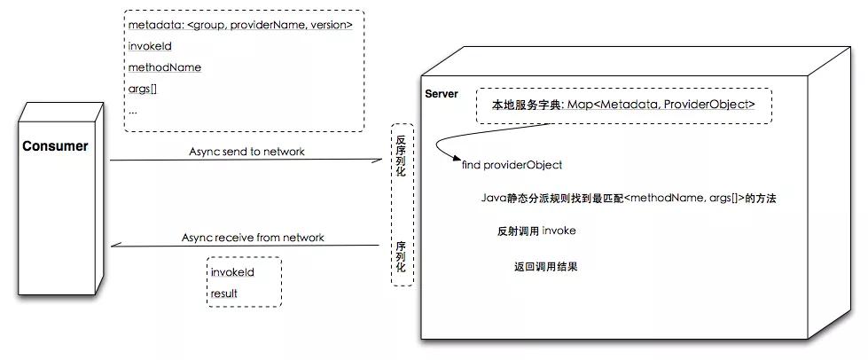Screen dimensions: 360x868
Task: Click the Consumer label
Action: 55,146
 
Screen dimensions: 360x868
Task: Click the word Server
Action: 442,94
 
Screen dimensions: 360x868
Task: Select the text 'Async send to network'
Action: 246,152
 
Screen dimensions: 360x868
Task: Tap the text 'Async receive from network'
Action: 253,238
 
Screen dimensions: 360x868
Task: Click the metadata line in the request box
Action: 239,25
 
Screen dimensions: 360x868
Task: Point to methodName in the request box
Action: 164,67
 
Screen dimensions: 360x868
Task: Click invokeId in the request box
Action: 149,46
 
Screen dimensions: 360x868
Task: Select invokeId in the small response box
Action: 232,272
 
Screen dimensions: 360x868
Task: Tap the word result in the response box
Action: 224,293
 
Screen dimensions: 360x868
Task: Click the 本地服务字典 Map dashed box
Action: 624,105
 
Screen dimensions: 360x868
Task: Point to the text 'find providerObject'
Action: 512,165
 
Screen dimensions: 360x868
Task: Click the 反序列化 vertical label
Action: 401,156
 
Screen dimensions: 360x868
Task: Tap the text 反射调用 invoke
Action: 537,231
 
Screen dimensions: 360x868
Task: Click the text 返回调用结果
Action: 546,266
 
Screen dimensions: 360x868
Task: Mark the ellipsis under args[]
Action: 132,111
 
